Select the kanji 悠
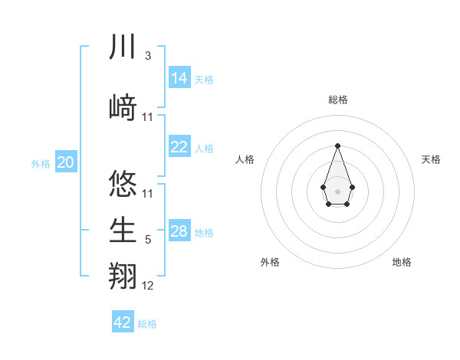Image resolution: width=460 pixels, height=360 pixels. (123, 184)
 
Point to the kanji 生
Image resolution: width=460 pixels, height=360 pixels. (123, 230)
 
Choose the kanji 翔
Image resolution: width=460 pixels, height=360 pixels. (123, 276)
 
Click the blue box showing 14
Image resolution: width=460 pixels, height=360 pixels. (179, 78)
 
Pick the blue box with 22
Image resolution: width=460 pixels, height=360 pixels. (179, 147)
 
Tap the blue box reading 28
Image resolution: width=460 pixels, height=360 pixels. (179, 231)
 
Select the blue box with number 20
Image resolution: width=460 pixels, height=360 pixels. (66, 162)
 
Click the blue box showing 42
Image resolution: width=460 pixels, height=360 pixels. (123, 322)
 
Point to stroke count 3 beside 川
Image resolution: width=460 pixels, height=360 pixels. (147, 56)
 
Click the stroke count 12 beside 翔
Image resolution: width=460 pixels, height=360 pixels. (148, 286)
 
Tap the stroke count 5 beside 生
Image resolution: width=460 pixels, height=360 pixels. (147, 240)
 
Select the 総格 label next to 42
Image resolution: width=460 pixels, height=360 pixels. (147, 324)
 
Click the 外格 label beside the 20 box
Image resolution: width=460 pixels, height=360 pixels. (41, 163)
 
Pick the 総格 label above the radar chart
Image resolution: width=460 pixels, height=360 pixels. (337, 100)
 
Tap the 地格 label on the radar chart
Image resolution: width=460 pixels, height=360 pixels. (402, 262)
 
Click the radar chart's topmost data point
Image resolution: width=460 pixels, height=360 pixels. (337, 146)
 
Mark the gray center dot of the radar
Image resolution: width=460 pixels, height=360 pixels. (337, 190)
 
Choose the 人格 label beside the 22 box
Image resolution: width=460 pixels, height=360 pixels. (204, 148)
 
